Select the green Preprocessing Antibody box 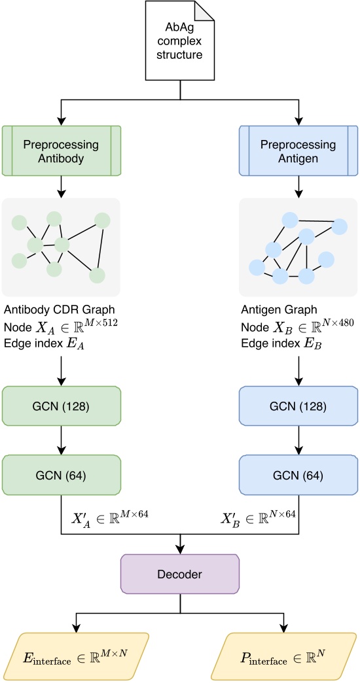click(x=62, y=151)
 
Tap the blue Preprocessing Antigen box click(x=298, y=151)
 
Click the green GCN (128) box click(x=62, y=408)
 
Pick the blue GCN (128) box click(x=298, y=408)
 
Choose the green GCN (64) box click(x=62, y=475)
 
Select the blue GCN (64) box click(x=298, y=475)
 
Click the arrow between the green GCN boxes click(x=62, y=442)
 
